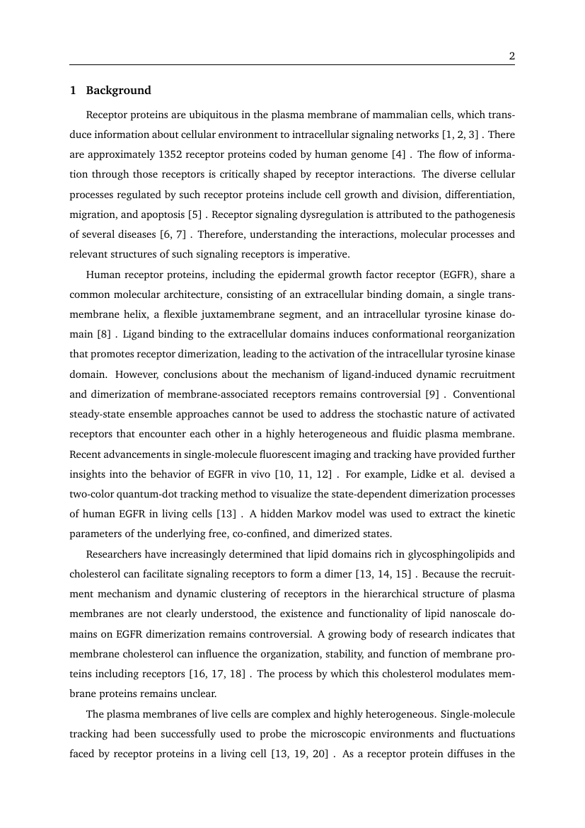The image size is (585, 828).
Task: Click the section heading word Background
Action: pyautogui.click(x=118, y=91)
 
